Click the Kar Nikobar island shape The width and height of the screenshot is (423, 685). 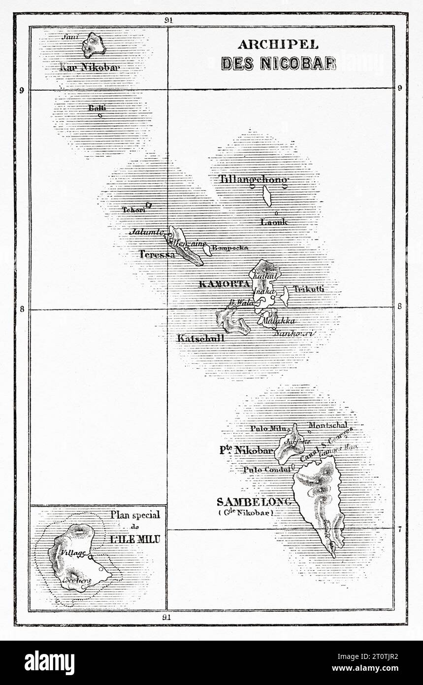pyautogui.click(x=93, y=45)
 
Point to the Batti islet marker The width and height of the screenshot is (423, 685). pyautogui.click(x=100, y=116)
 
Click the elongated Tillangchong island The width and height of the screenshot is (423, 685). pyautogui.click(x=267, y=196)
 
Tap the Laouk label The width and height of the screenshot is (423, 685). pyautogui.click(x=273, y=222)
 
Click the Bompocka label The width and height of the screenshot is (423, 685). pyautogui.click(x=230, y=248)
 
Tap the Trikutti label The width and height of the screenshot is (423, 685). pyautogui.click(x=309, y=289)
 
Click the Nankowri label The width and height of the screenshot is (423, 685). pyautogui.click(x=294, y=334)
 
